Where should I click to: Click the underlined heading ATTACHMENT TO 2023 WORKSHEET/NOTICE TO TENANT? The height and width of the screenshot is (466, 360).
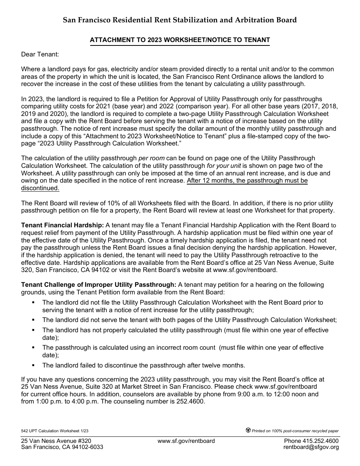click(180, 40)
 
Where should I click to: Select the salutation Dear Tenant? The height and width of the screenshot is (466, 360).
click(40, 55)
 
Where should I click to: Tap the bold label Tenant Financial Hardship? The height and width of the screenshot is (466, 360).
click(63, 225)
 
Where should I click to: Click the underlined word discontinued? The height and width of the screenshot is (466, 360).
click(40, 188)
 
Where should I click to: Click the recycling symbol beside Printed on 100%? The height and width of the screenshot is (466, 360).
click(248, 430)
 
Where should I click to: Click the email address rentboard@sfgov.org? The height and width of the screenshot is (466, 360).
click(311, 447)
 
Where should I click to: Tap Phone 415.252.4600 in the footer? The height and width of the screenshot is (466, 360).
click(311, 441)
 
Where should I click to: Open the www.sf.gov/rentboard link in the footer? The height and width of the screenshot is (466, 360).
click(186, 441)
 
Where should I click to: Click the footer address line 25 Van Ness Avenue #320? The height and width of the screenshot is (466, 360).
click(56, 441)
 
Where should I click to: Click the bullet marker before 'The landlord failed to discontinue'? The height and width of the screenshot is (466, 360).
click(33, 365)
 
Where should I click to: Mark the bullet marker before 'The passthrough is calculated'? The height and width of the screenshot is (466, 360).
click(33, 347)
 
